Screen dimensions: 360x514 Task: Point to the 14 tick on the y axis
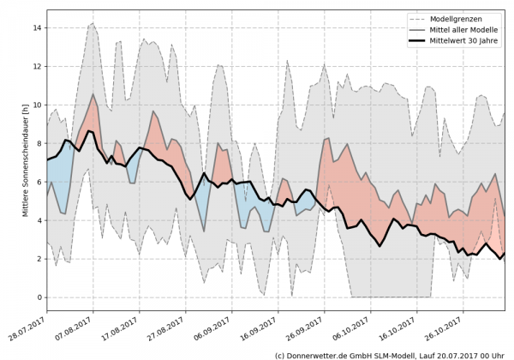pyautogui.click(x=36, y=27)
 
